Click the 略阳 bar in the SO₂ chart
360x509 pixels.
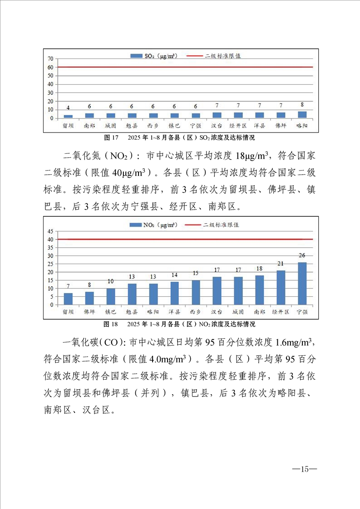pos(302,115)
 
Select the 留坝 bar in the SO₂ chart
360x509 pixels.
pos(68,117)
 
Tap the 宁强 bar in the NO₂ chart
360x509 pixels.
pos(302,284)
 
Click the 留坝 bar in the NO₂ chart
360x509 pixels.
pos(68,299)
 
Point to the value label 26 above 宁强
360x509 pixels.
pos(302,255)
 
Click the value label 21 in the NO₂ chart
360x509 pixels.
pos(281,264)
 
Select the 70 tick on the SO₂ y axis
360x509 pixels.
pos(51,59)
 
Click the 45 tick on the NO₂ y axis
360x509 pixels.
pos(51,231)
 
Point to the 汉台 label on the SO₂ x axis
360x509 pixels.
pos(217,126)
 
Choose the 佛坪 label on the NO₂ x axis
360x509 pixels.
pos(89,312)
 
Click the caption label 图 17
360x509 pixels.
pos(111,137)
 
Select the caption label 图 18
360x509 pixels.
pos(111,324)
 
